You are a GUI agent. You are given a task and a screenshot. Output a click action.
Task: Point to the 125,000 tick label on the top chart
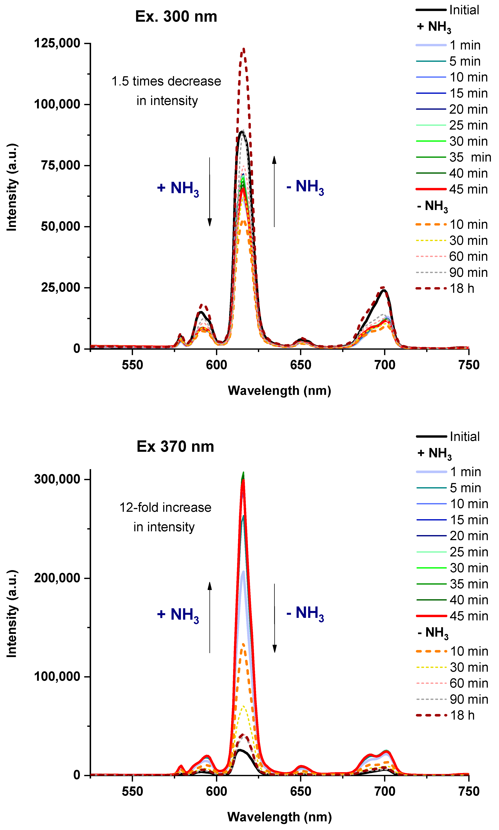57,43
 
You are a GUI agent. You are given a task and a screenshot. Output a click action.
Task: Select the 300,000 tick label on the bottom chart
57,479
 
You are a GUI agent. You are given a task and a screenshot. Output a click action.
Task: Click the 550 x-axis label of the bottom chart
132,792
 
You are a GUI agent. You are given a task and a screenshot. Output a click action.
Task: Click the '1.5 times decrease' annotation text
166,81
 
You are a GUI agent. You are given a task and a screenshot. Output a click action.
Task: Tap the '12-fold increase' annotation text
165,508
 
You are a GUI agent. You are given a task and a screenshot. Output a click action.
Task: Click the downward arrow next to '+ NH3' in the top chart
209,192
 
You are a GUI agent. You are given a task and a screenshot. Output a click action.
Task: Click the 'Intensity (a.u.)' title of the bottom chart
12,614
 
